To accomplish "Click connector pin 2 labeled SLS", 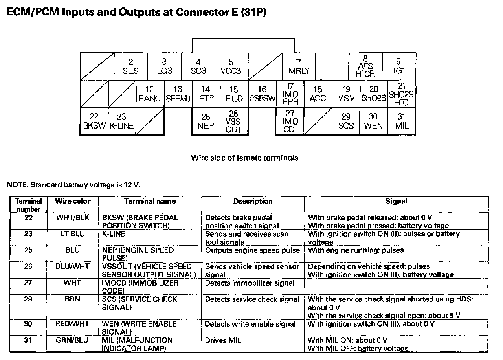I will (x=131, y=67).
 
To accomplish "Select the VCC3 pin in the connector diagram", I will (x=231, y=67).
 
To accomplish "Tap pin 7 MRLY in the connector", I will (x=299, y=67).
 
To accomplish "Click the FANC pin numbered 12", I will (x=149, y=94).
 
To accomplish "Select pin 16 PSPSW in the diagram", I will (x=263, y=94).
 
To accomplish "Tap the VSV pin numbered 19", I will (x=346, y=94).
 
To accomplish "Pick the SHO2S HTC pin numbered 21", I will (x=402, y=94).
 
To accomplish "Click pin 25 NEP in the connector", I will (x=206, y=121).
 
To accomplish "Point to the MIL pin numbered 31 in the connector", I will (x=401, y=121).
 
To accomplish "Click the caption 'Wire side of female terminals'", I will (x=244, y=158).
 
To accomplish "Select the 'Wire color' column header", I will (x=73, y=201).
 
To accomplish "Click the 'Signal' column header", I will (x=396, y=201).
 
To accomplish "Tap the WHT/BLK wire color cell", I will (x=73, y=217).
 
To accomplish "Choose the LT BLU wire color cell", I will (x=73, y=234).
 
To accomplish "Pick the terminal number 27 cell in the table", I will (x=28, y=283).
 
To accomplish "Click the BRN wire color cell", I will (x=73, y=299).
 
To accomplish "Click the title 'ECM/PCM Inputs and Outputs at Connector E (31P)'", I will (x=136, y=13).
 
